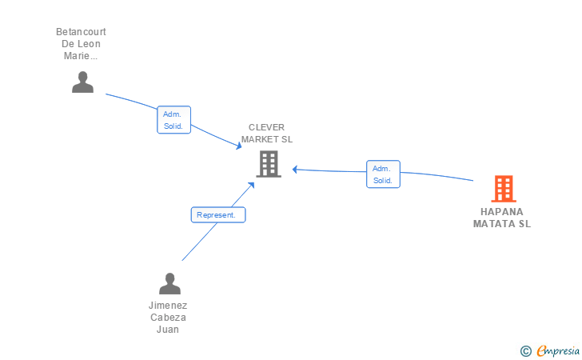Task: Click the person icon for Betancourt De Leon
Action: [x=82, y=82]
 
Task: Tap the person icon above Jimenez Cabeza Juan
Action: [x=169, y=283]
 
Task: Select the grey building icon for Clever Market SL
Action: [x=269, y=164]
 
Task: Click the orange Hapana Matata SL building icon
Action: [x=504, y=189]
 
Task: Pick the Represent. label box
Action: [x=218, y=214]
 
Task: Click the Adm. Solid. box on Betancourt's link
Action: [x=173, y=120]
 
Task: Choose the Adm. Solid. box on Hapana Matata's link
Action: [x=383, y=174]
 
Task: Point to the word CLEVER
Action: [x=266, y=127]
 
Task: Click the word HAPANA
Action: [x=502, y=212]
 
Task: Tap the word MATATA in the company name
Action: [x=491, y=224]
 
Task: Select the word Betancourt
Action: [x=81, y=32]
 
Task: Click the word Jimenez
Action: [x=168, y=306]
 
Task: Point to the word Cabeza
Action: [x=168, y=318]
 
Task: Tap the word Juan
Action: [x=168, y=329]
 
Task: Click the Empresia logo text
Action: [x=558, y=350]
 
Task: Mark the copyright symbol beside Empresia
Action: [x=526, y=351]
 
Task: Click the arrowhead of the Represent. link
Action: [x=252, y=185]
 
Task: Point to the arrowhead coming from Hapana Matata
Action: [x=296, y=170]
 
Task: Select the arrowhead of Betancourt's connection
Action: [x=239, y=146]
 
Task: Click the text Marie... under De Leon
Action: [x=81, y=56]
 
